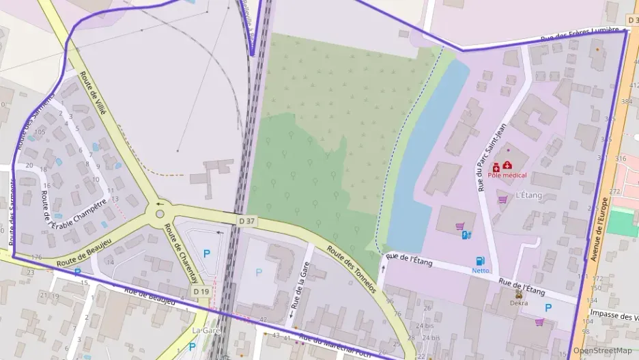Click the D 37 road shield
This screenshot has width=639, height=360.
(247, 221)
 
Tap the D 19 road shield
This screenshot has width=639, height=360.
(200, 292)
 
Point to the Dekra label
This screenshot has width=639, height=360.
(518, 303)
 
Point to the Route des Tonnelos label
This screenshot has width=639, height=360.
(351, 269)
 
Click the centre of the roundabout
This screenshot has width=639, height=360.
(160, 214)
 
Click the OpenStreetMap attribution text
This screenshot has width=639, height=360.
(602, 350)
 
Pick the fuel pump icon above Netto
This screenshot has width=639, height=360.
(480, 260)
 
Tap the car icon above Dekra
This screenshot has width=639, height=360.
(518, 294)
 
